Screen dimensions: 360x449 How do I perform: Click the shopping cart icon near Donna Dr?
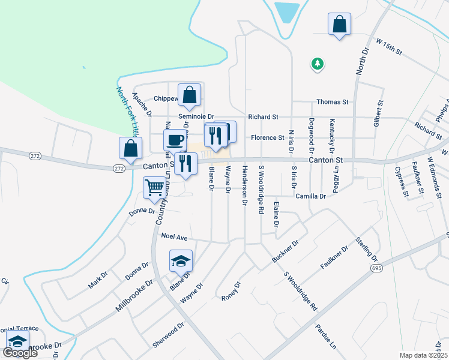[155, 187]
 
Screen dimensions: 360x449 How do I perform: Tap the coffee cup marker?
[175, 140]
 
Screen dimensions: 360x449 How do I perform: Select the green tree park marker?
[317, 63]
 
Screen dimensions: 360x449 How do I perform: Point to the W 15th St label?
[388, 47]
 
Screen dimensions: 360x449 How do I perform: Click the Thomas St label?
[332, 103]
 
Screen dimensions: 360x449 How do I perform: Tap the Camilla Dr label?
[310, 196]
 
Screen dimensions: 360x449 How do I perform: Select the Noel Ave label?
[175, 237]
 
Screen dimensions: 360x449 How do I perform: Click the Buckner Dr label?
[285, 252]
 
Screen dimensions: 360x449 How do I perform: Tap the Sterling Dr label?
[367, 250]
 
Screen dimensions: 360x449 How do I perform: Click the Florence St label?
[267, 138]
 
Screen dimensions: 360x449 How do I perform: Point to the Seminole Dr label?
[196, 116]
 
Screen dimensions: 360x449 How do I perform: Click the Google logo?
[20, 352]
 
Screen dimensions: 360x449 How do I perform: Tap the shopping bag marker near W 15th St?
[339, 24]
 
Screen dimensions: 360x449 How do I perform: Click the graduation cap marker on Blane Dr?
[181, 260]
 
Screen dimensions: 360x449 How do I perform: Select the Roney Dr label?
[231, 292]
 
